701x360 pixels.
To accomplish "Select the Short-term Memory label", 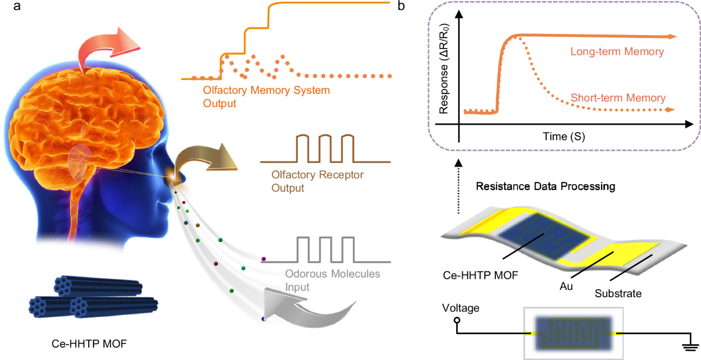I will coord(617,98).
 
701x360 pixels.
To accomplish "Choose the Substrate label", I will coord(618,294).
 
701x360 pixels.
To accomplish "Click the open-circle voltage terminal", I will coord(457,321).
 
